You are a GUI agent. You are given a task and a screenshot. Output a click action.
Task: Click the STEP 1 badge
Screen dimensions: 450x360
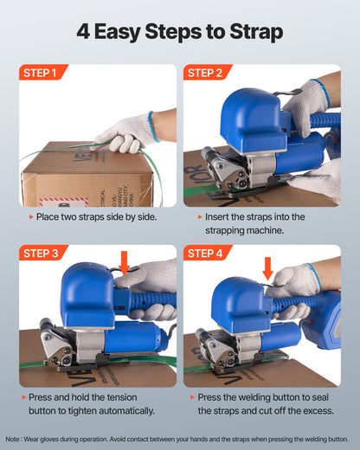42,73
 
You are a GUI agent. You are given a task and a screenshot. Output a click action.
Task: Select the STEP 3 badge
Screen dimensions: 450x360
42,254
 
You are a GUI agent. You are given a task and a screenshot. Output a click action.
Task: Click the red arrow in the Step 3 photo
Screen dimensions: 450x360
124,262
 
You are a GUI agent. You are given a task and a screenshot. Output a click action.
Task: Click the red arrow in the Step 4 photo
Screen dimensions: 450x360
267,267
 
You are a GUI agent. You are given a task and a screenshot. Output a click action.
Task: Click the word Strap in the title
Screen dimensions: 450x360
254,33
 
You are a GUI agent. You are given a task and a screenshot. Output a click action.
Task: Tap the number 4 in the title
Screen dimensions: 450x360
84,33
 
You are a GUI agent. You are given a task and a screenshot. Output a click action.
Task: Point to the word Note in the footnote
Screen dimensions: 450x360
14,439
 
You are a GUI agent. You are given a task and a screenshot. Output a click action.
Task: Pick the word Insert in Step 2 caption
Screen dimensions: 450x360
220,215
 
